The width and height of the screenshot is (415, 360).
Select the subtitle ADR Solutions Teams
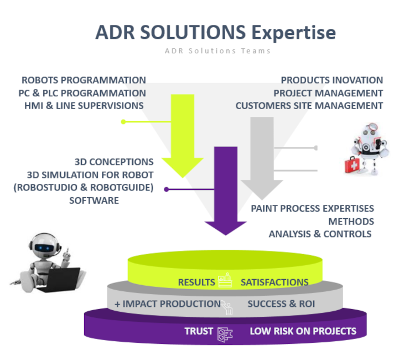point(217,51)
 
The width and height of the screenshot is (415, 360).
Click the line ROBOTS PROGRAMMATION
point(84,80)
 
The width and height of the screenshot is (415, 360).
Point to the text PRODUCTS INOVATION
point(331,80)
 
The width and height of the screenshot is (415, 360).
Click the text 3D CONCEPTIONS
point(114,162)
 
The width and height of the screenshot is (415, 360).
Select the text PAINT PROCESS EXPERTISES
point(312,208)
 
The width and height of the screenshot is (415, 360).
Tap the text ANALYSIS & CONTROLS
point(320,234)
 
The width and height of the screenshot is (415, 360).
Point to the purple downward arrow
point(225,188)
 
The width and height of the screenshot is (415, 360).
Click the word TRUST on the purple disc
point(199,331)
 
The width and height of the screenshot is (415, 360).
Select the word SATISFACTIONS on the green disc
point(274,282)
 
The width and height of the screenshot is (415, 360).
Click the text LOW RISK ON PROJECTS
point(303,331)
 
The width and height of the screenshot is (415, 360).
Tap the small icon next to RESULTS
point(225,281)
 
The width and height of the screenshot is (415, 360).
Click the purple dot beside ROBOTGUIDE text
point(167,189)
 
